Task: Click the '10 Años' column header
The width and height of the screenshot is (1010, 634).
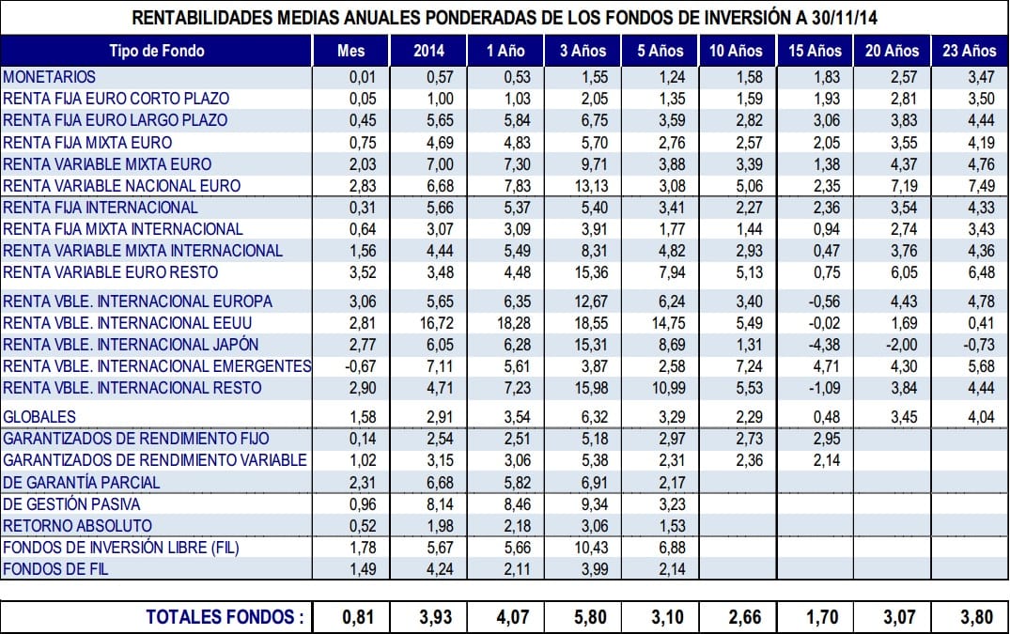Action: tap(736, 51)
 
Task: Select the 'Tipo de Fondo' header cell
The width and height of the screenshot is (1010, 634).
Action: tap(157, 51)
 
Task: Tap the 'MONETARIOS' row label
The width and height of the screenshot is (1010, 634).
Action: tap(49, 77)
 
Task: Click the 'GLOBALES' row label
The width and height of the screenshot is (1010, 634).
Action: tap(39, 417)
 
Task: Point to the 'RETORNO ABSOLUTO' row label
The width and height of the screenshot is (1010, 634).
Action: tap(77, 526)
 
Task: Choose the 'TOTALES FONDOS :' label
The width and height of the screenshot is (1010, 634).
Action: tap(225, 616)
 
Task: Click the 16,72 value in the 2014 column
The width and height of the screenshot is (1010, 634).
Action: tap(437, 323)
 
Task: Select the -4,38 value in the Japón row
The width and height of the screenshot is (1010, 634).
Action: tap(824, 345)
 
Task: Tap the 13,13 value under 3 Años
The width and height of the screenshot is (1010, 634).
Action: tap(591, 186)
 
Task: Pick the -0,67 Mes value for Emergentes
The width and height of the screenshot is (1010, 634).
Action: tap(361, 366)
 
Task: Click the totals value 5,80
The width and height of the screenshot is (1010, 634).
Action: tap(590, 617)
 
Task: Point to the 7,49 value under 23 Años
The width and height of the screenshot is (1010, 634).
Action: tap(981, 186)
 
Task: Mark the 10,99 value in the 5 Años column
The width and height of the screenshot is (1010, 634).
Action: tap(669, 388)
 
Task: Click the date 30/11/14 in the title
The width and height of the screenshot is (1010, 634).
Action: tap(844, 18)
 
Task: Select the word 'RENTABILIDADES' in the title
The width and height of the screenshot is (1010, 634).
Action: tap(202, 18)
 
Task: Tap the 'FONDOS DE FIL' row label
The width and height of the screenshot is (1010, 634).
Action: tap(55, 569)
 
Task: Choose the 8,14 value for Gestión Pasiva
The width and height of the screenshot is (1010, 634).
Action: tap(440, 504)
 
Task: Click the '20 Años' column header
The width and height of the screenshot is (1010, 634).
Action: tap(892, 51)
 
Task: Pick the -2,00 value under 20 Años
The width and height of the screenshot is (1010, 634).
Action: tap(901, 345)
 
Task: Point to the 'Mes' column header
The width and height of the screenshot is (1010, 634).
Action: tap(351, 51)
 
